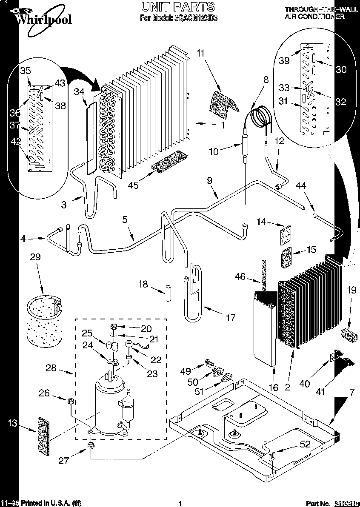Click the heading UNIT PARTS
pos(178,7)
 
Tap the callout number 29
pos(36,257)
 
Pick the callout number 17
pos(230,317)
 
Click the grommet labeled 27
pos(90,446)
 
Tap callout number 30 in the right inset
pos(341,70)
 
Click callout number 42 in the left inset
pos(16,142)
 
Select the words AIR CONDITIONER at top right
pos(314,17)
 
